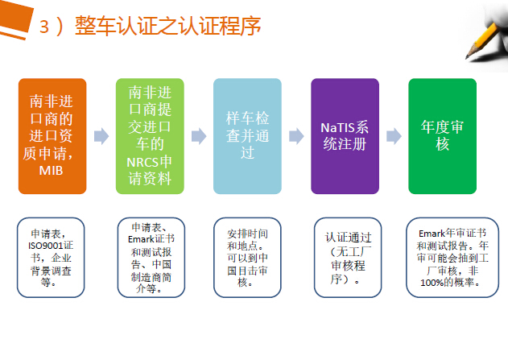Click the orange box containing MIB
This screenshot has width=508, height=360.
pos(52,136)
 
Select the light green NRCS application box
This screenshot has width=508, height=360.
pos(150,136)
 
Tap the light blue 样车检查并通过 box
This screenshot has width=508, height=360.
pos(247,136)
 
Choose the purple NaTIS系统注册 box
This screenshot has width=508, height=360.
pos(345,136)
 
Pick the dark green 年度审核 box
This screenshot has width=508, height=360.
pos(442,136)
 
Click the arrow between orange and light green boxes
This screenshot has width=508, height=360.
pos(101,136)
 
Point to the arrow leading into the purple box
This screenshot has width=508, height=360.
pos(296,136)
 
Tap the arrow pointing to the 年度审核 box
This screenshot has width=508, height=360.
pos(394,136)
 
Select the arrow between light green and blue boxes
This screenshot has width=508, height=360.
pos(199,136)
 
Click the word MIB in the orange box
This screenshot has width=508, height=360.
pos(51,171)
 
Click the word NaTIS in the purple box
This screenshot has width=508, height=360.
pos(333,128)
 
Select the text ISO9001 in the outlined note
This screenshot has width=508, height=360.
pos(45,246)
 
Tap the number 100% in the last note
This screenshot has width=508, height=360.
pos(432,283)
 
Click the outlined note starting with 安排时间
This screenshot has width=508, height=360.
pos(247,258)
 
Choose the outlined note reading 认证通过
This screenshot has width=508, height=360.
pos(348,258)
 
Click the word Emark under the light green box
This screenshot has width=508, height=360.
pos(141,239)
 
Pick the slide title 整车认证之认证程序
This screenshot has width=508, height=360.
pos(167,26)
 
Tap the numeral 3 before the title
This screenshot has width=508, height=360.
pos(44,27)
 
